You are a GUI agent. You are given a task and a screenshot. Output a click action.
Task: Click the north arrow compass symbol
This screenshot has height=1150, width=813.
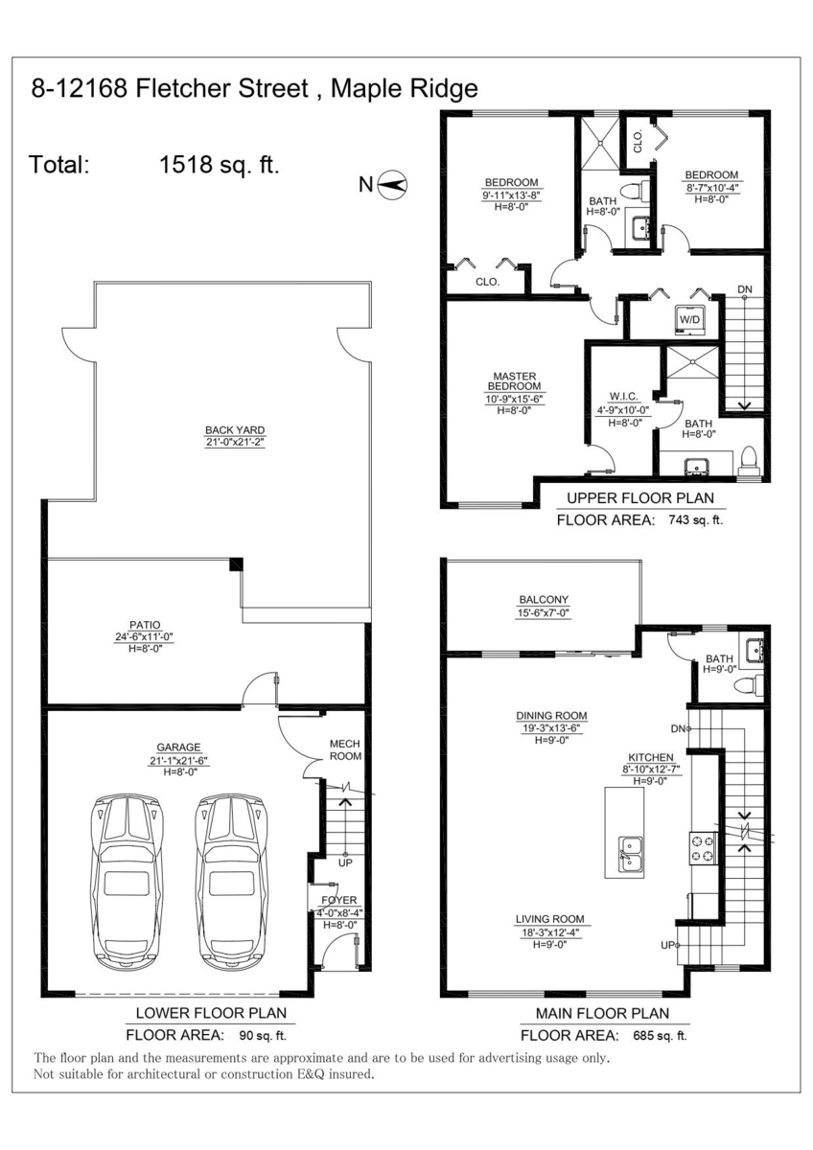(392, 184)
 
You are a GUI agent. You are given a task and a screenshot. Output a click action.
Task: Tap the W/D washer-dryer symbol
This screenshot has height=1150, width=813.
(689, 319)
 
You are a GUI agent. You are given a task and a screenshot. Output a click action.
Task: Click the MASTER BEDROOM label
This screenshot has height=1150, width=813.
(514, 381)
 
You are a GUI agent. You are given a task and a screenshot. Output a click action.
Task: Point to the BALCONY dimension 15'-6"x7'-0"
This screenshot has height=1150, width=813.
(544, 612)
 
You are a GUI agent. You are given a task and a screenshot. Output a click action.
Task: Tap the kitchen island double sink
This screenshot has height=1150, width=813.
(631, 855)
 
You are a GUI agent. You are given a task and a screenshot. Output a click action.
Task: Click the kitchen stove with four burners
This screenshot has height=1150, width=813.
(704, 849)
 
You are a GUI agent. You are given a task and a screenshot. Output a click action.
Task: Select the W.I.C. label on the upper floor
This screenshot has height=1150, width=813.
(623, 397)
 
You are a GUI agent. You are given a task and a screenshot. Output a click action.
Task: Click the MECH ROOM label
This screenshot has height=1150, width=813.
(345, 749)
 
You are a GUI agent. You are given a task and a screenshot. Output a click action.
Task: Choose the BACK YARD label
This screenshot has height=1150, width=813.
(235, 430)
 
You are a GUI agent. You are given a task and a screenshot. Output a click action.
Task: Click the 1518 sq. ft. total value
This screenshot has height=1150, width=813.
(220, 165)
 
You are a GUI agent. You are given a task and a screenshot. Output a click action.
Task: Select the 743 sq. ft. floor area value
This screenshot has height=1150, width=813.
(695, 520)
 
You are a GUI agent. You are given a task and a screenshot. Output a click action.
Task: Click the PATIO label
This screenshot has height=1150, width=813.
(145, 625)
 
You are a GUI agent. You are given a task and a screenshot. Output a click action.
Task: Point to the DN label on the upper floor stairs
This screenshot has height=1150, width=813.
(745, 289)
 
